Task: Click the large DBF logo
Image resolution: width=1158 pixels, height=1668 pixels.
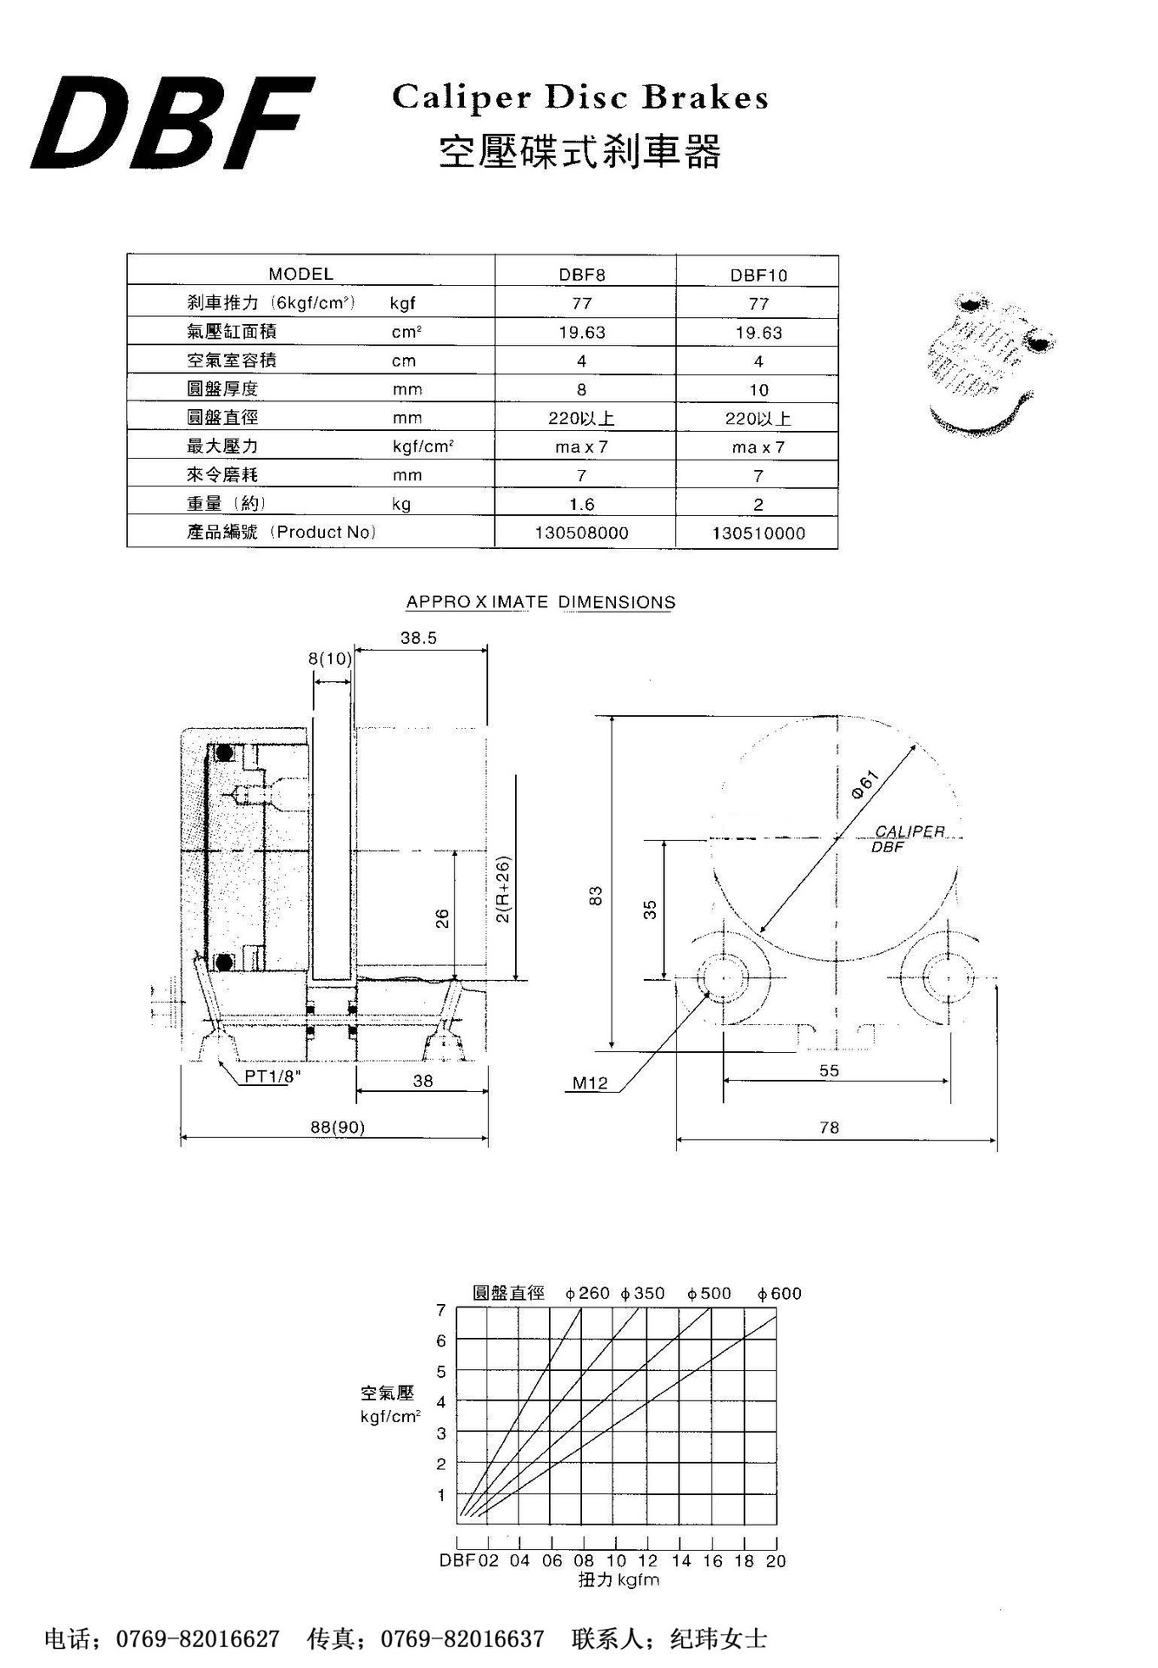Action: (172, 124)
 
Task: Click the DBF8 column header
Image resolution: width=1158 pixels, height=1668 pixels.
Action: (581, 275)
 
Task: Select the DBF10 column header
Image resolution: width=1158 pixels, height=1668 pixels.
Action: (758, 275)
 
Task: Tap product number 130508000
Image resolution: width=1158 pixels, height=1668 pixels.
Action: (581, 533)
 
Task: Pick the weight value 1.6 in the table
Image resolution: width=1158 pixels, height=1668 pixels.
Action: (581, 504)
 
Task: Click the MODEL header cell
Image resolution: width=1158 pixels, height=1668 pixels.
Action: (301, 274)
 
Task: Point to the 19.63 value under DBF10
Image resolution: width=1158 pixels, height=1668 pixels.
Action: (758, 333)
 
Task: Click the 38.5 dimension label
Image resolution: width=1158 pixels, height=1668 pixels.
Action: (419, 638)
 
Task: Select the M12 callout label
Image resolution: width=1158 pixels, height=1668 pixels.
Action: (590, 1083)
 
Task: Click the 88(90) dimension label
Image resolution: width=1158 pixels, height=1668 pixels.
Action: (338, 1127)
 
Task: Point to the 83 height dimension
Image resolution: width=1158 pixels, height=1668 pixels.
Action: (596, 896)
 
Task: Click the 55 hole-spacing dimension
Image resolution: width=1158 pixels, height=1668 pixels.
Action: (830, 1070)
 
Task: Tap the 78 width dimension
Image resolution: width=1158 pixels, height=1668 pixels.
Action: (830, 1127)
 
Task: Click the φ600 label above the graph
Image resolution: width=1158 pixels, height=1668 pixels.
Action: (779, 1294)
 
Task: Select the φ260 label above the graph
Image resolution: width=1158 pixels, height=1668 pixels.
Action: (587, 1294)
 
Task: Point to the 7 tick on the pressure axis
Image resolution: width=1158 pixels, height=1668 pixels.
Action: (441, 1310)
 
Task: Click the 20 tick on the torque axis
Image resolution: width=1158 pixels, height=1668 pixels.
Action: (776, 1561)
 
